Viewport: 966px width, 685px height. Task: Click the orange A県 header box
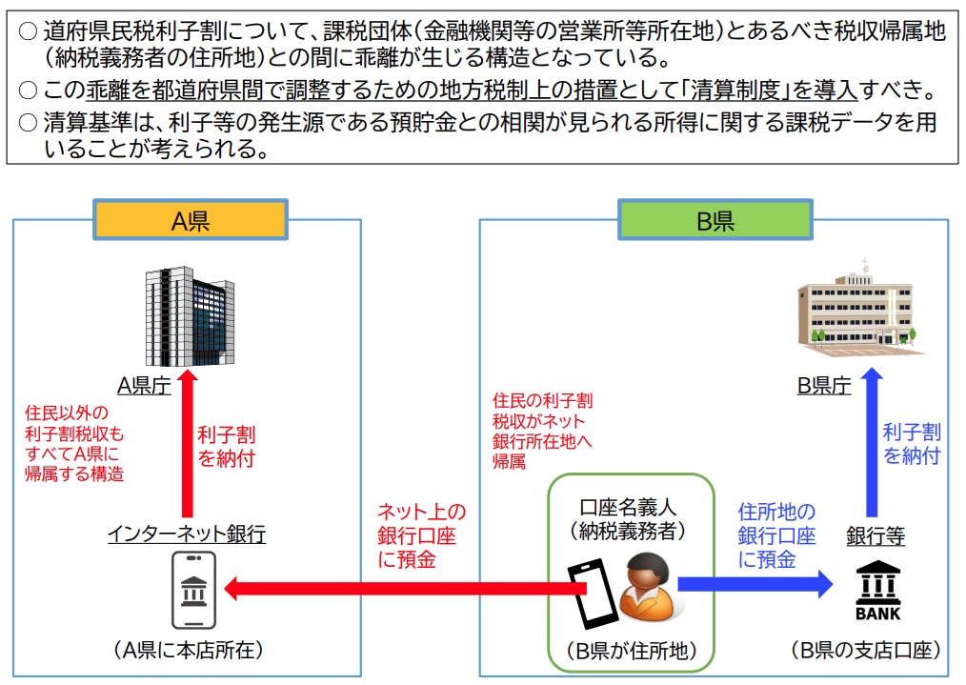[191, 221]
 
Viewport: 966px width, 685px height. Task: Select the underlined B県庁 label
[824, 386]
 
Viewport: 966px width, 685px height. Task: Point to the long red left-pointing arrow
[400, 588]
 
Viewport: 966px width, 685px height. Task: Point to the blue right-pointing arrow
[753, 584]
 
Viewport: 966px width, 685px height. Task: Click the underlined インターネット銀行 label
[187, 534]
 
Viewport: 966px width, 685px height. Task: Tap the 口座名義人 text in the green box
[634, 507]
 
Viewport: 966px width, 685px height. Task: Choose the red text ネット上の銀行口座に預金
[421, 535]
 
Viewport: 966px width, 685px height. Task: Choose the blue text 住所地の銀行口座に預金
[776, 535]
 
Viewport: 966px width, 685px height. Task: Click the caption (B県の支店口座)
[865, 651]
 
